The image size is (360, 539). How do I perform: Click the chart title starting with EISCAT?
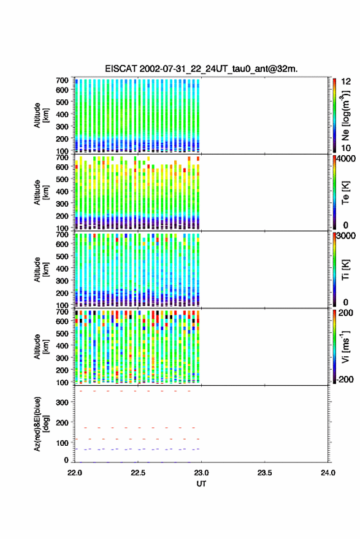[201, 69]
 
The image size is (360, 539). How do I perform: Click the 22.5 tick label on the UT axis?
[138, 473]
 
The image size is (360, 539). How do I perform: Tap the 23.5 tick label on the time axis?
[264, 473]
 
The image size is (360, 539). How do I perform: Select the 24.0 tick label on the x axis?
[327, 473]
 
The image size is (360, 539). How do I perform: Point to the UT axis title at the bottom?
[201, 484]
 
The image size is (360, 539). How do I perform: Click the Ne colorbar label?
[345, 115]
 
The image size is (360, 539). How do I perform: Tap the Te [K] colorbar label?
[345, 193]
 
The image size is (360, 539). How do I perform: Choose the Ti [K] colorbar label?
[345, 270]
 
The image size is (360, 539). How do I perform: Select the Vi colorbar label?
[345, 347]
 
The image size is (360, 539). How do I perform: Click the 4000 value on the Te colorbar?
[346, 159]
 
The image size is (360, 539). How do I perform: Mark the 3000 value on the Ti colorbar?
[346, 236]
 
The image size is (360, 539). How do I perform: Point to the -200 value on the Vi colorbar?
[345, 380]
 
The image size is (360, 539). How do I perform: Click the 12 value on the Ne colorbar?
[346, 82]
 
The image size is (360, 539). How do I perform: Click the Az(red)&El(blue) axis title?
[41, 424]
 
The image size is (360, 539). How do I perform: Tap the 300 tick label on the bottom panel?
[62, 402]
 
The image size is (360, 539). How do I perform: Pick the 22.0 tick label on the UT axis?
[75, 473]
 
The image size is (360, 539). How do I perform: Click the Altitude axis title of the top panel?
[41, 115]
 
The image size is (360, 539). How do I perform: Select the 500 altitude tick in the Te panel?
[62, 179]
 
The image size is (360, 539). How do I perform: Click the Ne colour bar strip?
[334, 115]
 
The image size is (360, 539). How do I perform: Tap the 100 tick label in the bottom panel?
[62, 443]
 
